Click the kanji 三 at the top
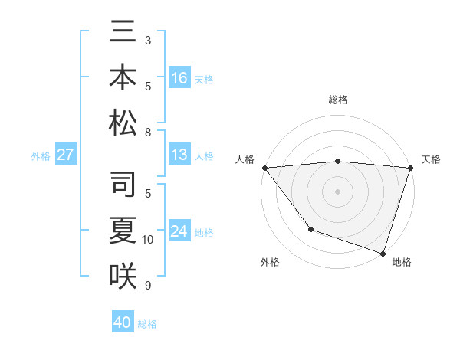coord(123,34)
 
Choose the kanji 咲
coord(123,274)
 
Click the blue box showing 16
coord(179,78)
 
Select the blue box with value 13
coord(179,155)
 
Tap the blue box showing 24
coord(179,232)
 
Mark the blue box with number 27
coord(66,155)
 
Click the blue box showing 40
coord(123,322)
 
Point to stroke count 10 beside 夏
coord(148,240)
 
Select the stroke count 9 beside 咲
coord(148,286)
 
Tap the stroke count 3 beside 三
coord(148,39)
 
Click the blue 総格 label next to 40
coord(147,324)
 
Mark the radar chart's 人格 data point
coord(264,168)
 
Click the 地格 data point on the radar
coord(383,253)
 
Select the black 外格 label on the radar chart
coord(270,262)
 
